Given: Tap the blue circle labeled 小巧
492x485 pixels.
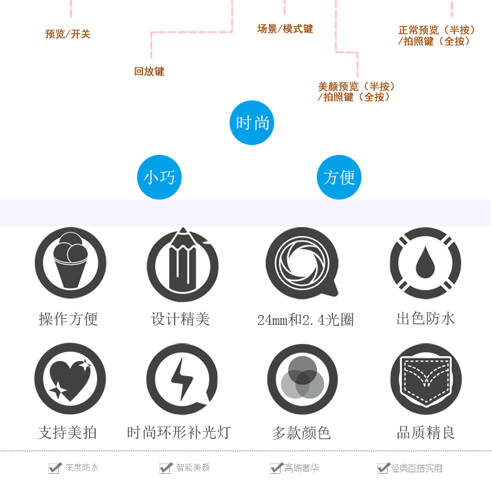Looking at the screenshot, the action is tap(159, 177).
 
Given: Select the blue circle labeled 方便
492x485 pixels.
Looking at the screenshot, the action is tap(339, 177).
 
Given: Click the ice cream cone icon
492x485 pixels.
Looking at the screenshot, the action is tap(70, 263).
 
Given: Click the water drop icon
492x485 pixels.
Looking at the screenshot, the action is tap(425, 263).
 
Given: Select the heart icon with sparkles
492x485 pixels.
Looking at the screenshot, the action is tap(70, 379).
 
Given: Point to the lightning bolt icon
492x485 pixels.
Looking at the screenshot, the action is tap(181, 379).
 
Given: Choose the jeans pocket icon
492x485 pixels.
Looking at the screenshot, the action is tap(425, 379).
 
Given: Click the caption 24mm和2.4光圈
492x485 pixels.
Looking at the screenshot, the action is tap(306, 320).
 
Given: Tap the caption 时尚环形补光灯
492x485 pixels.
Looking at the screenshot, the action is tap(179, 433).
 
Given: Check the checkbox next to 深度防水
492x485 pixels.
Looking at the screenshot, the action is tap(54, 468).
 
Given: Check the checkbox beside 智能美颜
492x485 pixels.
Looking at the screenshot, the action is tap(165, 468).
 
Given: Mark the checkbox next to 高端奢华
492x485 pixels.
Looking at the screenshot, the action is tap(276, 468).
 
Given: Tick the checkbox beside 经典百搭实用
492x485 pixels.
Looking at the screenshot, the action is tap(383, 468).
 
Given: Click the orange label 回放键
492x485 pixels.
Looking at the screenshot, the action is tap(149, 72).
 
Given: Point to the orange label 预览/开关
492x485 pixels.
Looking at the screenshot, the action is tap(68, 34).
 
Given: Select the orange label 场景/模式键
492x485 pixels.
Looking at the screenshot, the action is tap(285, 29).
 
